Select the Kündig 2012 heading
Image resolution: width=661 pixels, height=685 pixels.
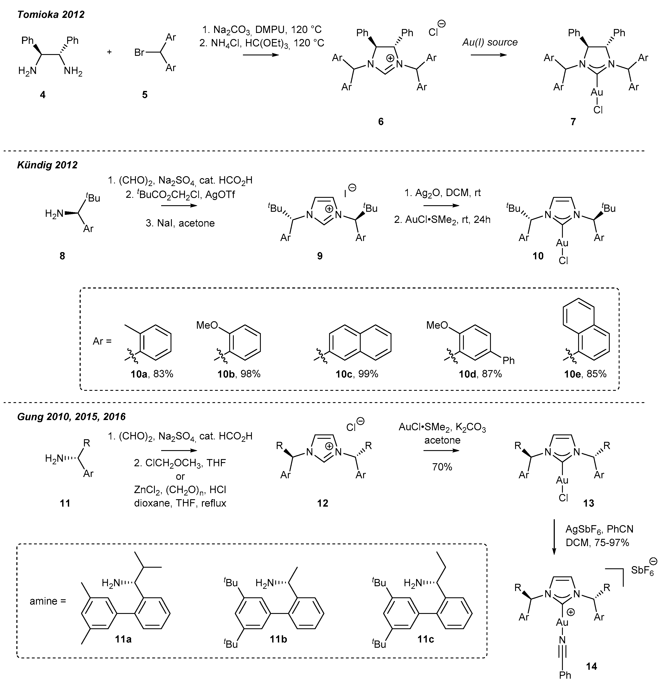[47, 165]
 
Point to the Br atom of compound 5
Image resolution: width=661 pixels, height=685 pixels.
[140, 53]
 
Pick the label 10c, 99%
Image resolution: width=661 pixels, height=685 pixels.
[357, 374]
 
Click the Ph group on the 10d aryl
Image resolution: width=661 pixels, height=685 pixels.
[509, 360]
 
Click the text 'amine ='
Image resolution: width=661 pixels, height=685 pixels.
[48, 601]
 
